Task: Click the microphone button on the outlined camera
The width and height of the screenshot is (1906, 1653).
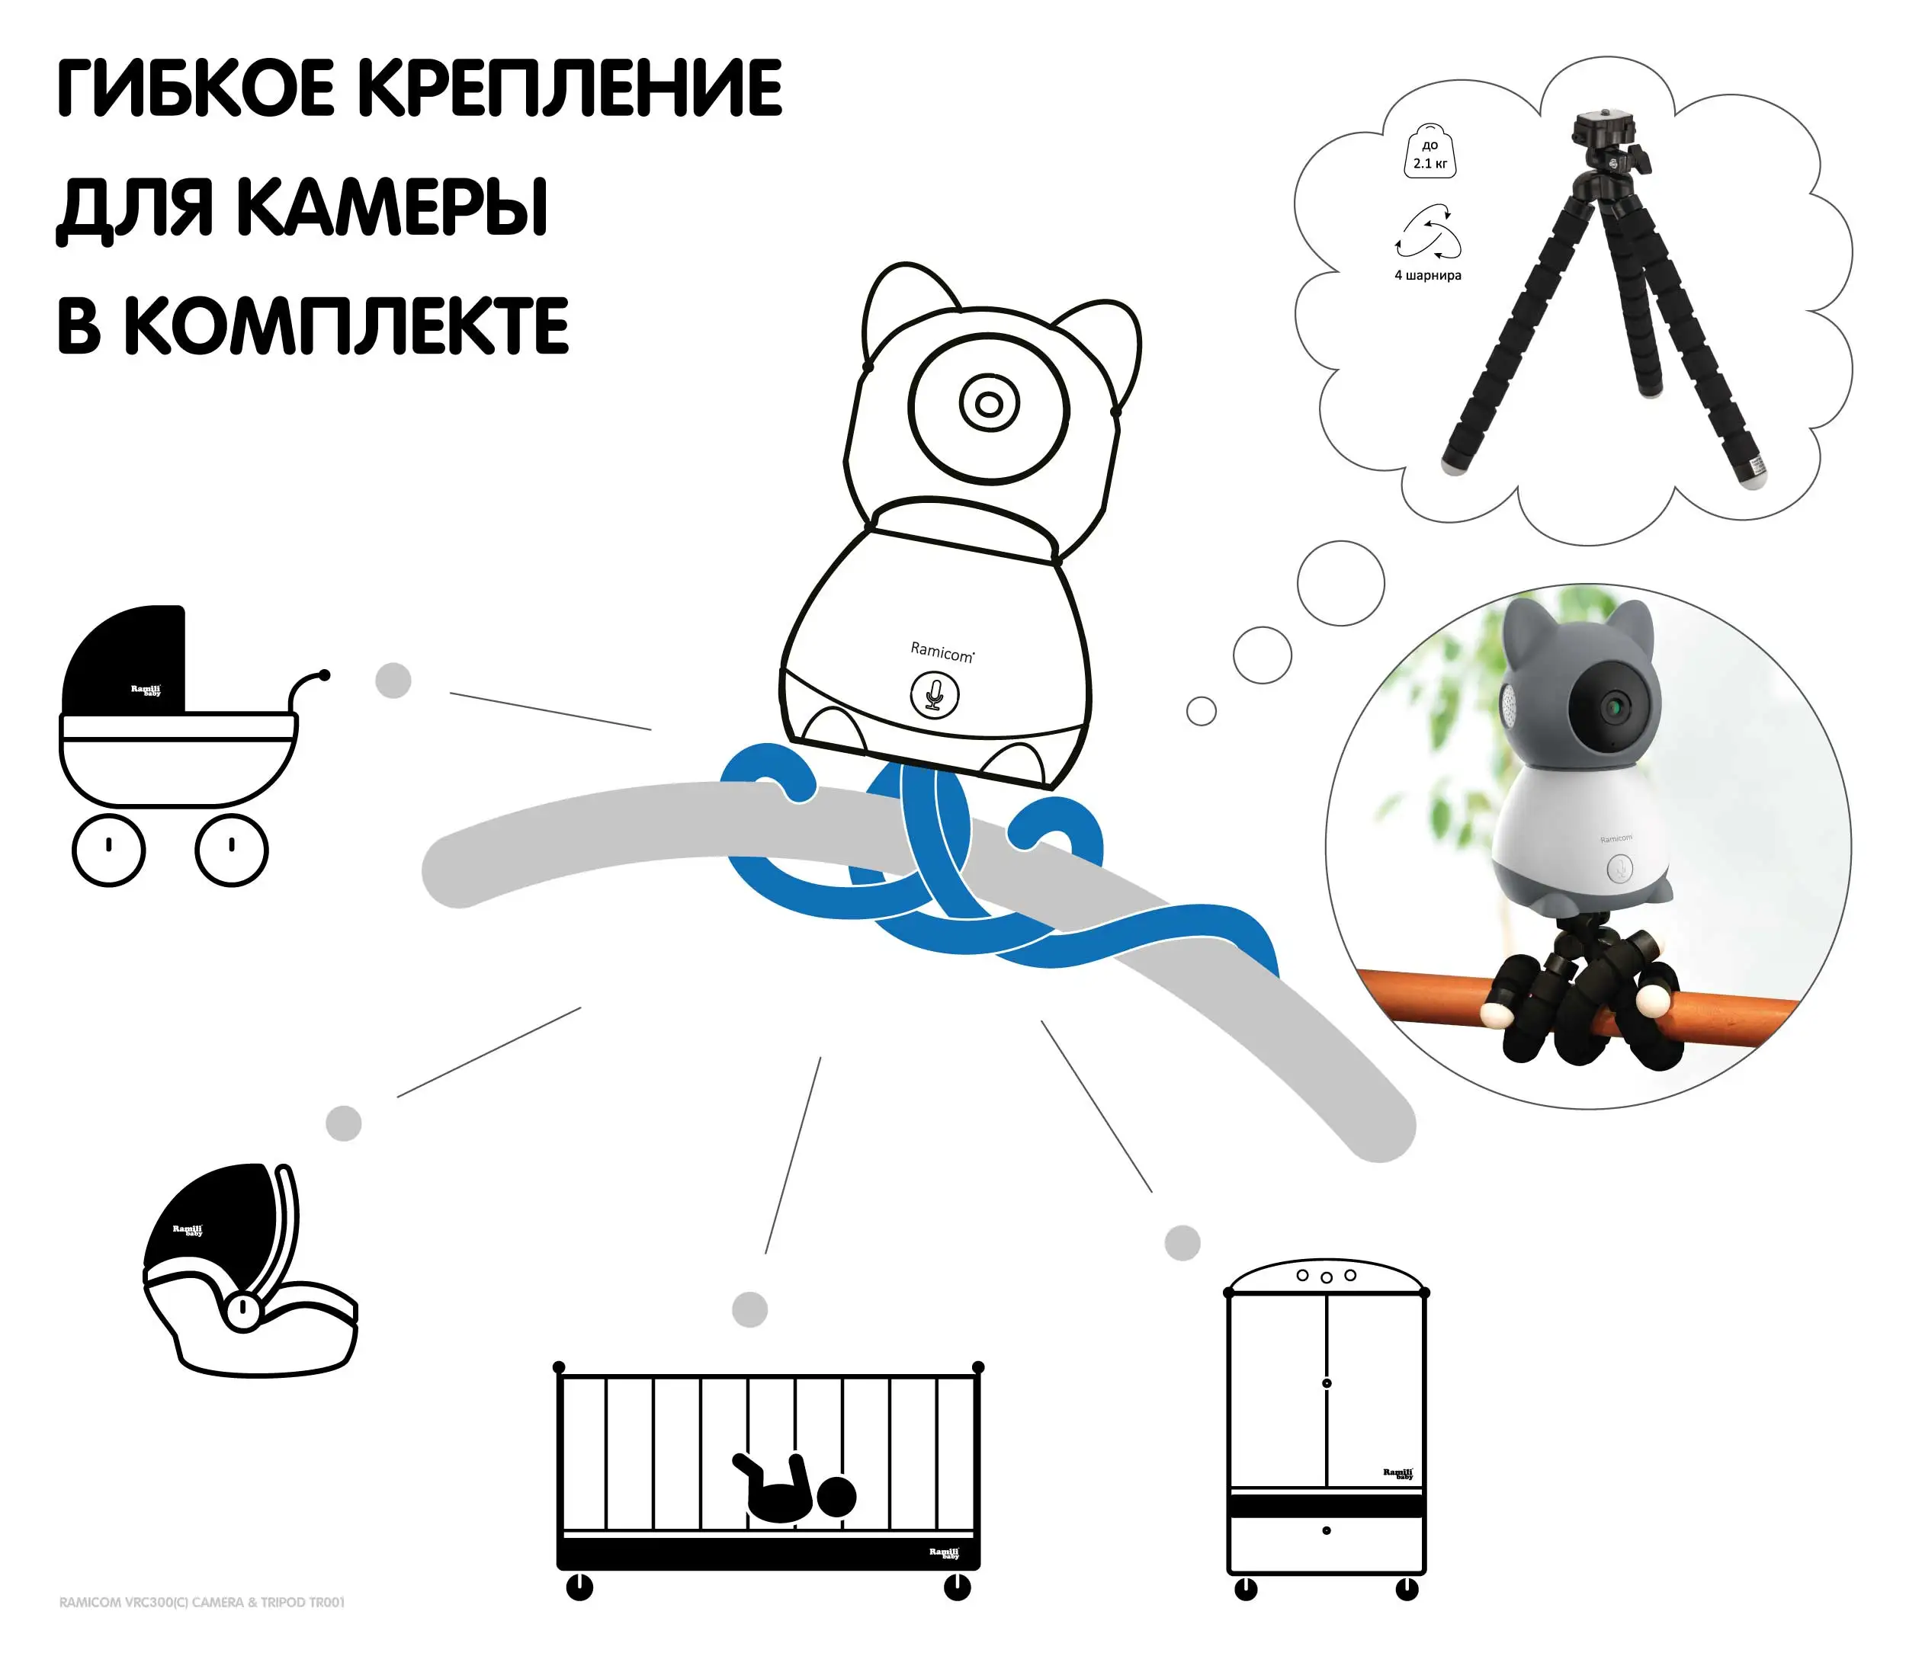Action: coord(934,694)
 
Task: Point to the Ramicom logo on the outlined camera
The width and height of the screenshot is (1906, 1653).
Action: coord(941,652)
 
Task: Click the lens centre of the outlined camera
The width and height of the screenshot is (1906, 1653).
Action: coord(988,404)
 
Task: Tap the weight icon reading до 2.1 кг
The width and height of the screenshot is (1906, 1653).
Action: coord(1429,153)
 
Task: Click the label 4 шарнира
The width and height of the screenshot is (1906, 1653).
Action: coord(1427,275)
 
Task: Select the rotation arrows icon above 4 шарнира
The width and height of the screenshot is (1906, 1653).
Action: coord(1428,232)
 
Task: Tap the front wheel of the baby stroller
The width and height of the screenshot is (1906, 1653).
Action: coord(232,850)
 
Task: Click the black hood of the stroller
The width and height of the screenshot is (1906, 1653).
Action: coord(124,659)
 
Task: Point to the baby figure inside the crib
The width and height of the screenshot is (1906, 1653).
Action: coord(794,1489)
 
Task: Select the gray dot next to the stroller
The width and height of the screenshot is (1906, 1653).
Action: coord(393,681)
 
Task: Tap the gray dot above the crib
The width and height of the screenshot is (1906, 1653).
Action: coord(749,1309)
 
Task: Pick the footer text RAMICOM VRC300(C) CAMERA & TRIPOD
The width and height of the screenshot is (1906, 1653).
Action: coord(202,1602)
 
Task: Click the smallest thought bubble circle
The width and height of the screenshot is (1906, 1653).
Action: coord(1200,711)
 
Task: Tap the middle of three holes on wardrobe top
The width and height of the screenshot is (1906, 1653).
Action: coord(1326,1277)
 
